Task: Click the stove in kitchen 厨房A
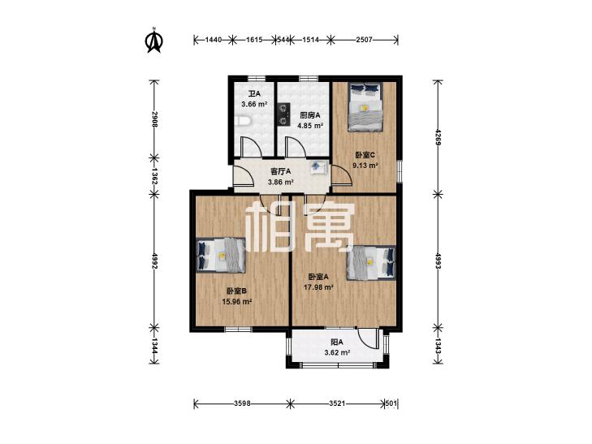click(283, 114)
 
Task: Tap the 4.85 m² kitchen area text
click(310, 126)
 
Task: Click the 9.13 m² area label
click(365, 166)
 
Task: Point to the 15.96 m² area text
click(237, 301)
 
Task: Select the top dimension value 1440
click(213, 39)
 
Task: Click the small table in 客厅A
click(318, 166)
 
